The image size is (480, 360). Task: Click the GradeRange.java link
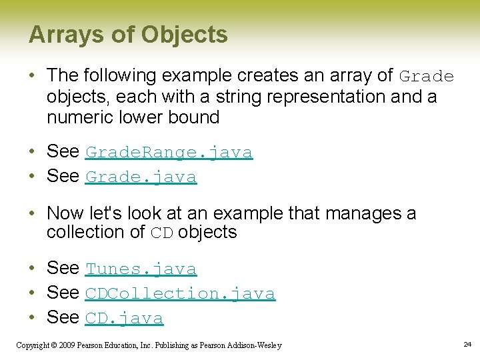point(169,153)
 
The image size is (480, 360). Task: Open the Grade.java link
point(141,177)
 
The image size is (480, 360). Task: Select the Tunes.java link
point(141,269)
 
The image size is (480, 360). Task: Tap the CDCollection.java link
point(180,294)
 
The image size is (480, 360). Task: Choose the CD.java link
point(124,319)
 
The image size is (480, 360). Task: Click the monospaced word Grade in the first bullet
point(427,77)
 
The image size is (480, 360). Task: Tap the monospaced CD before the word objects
point(162,233)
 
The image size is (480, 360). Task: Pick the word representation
point(327,97)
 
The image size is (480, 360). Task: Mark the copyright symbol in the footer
point(54,345)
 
